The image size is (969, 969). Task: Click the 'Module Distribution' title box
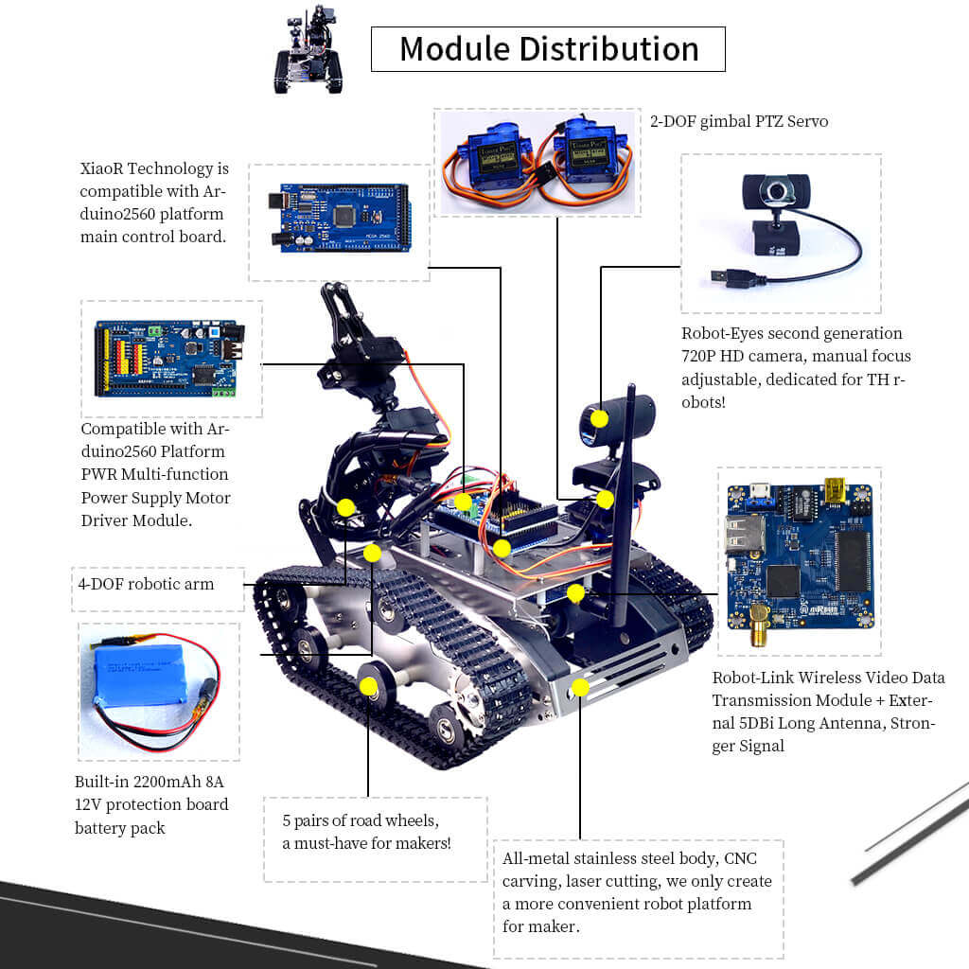548,49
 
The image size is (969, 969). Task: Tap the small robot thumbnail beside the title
308,51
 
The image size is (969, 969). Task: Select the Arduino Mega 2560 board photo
339,221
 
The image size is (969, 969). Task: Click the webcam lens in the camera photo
779,193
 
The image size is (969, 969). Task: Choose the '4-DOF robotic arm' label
146,584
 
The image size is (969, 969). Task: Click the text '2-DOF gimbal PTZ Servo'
738,122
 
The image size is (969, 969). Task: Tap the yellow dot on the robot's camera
599,418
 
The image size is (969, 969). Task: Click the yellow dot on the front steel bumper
581,687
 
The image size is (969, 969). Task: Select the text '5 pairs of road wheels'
361,819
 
